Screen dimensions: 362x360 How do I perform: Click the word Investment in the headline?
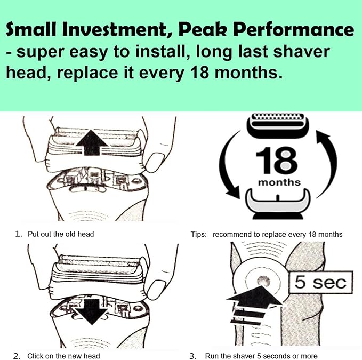click(x=115, y=29)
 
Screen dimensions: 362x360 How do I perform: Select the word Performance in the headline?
click(x=294, y=29)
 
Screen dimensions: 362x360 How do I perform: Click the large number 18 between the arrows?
click(x=277, y=160)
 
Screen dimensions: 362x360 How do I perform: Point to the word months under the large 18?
click(x=279, y=182)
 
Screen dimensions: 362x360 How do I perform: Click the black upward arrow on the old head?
click(x=92, y=142)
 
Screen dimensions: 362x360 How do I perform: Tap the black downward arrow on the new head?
click(x=92, y=312)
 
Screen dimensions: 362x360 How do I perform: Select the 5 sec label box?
click(x=321, y=282)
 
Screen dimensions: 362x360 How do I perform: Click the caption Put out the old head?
click(x=61, y=234)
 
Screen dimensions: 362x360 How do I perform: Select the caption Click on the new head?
click(x=63, y=356)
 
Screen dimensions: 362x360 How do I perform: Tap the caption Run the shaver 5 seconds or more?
click(x=261, y=356)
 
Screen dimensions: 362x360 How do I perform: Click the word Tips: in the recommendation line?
click(x=198, y=234)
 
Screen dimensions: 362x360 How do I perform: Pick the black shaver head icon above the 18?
click(x=278, y=125)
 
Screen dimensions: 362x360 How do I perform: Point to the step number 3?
click(x=192, y=356)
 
